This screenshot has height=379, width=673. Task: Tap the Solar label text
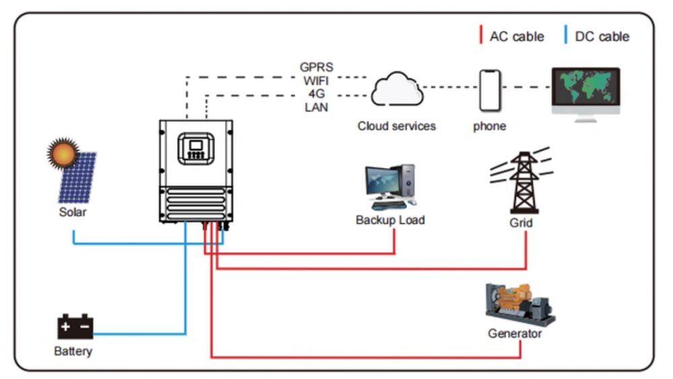[73, 212]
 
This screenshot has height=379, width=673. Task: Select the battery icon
[75, 327]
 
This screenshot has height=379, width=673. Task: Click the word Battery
[73, 351]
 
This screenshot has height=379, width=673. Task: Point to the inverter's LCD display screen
[196, 144]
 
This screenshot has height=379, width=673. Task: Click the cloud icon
[396, 90]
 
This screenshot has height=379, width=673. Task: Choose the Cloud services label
[396, 126]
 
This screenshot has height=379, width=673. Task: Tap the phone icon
[491, 90]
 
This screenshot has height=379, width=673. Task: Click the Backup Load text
[390, 220]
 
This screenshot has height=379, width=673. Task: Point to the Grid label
[521, 222]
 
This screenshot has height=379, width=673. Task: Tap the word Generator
[515, 333]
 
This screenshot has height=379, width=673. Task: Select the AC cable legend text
[516, 36]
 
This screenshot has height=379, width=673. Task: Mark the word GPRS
[316, 67]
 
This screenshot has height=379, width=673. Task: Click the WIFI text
[316, 81]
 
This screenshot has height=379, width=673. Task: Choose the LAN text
[316, 108]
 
